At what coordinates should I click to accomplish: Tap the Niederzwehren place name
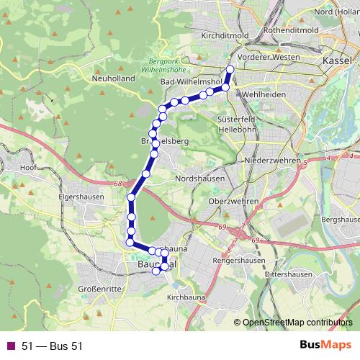(x=271, y=160)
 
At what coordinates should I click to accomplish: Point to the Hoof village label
(x=29, y=167)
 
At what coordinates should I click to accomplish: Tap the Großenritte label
(x=99, y=289)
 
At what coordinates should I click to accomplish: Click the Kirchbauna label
(x=186, y=297)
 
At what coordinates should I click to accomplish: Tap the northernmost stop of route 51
(x=230, y=70)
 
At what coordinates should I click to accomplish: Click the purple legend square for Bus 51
(x=11, y=346)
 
